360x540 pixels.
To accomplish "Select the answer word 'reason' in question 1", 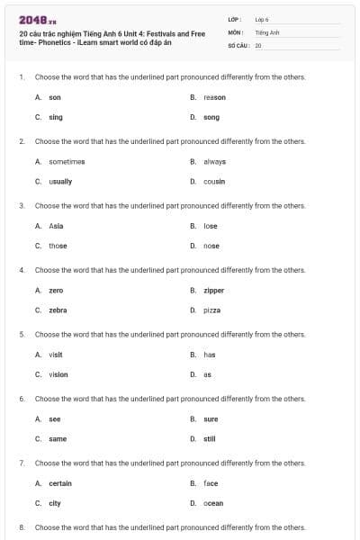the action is point(214,97).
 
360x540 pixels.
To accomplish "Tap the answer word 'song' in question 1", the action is point(211,117).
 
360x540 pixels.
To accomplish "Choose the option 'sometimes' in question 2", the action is point(67,161).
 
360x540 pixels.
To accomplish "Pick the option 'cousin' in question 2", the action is point(214,181).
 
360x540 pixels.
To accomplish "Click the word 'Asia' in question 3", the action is point(56,226).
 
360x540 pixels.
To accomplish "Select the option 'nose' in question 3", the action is point(211,246).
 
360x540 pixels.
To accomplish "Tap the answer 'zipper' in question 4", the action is point(214,291).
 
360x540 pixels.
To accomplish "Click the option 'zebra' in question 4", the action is point(58,310).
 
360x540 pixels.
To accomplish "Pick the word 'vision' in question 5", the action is point(58,374).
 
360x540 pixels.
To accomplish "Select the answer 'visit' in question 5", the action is point(56,355).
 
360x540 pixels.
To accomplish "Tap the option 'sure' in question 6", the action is point(211,419).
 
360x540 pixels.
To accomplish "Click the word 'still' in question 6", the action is point(210,439).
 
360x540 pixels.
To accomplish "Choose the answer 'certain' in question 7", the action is point(60,483).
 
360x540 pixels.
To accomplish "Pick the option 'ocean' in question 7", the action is point(213,503).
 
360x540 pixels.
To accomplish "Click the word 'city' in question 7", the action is point(55,503).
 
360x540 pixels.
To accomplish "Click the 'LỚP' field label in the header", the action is point(234,19).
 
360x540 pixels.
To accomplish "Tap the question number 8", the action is point(21,527).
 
